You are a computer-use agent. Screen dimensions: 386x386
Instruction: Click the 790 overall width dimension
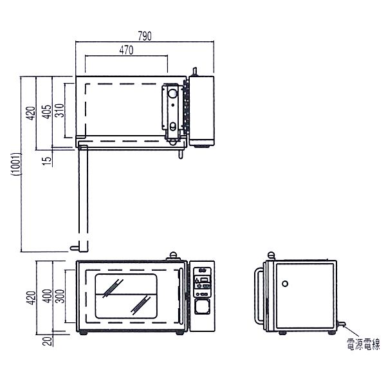click(x=145, y=36)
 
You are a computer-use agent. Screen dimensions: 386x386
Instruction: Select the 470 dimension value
click(x=126, y=50)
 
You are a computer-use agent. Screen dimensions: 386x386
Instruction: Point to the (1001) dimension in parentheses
click(x=16, y=164)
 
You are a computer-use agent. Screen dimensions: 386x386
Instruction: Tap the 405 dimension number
click(x=46, y=112)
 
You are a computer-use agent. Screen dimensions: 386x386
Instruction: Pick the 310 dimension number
click(x=59, y=110)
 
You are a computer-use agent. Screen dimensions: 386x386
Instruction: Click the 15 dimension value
click(x=47, y=159)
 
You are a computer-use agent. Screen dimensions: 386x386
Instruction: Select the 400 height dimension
click(x=47, y=296)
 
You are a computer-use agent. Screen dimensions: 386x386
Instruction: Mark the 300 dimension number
click(x=60, y=296)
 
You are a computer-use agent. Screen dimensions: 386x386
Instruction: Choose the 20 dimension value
click(x=47, y=341)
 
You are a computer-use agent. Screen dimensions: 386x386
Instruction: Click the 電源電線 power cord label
click(x=363, y=344)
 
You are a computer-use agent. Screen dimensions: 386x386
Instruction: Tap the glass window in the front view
click(x=126, y=296)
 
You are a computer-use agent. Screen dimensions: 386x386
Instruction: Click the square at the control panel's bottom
click(x=202, y=306)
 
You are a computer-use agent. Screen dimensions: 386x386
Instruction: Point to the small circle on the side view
click(x=285, y=284)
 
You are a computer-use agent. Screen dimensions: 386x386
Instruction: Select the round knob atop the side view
click(x=271, y=255)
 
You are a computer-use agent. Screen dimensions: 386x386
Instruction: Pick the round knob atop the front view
click(x=173, y=255)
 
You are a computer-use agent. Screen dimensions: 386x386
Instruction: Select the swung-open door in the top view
click(x=83, y=198)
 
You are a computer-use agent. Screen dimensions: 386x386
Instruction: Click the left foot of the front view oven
click(x=83, y=333)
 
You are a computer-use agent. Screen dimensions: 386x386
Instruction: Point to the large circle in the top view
click(x=172, y=93)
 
